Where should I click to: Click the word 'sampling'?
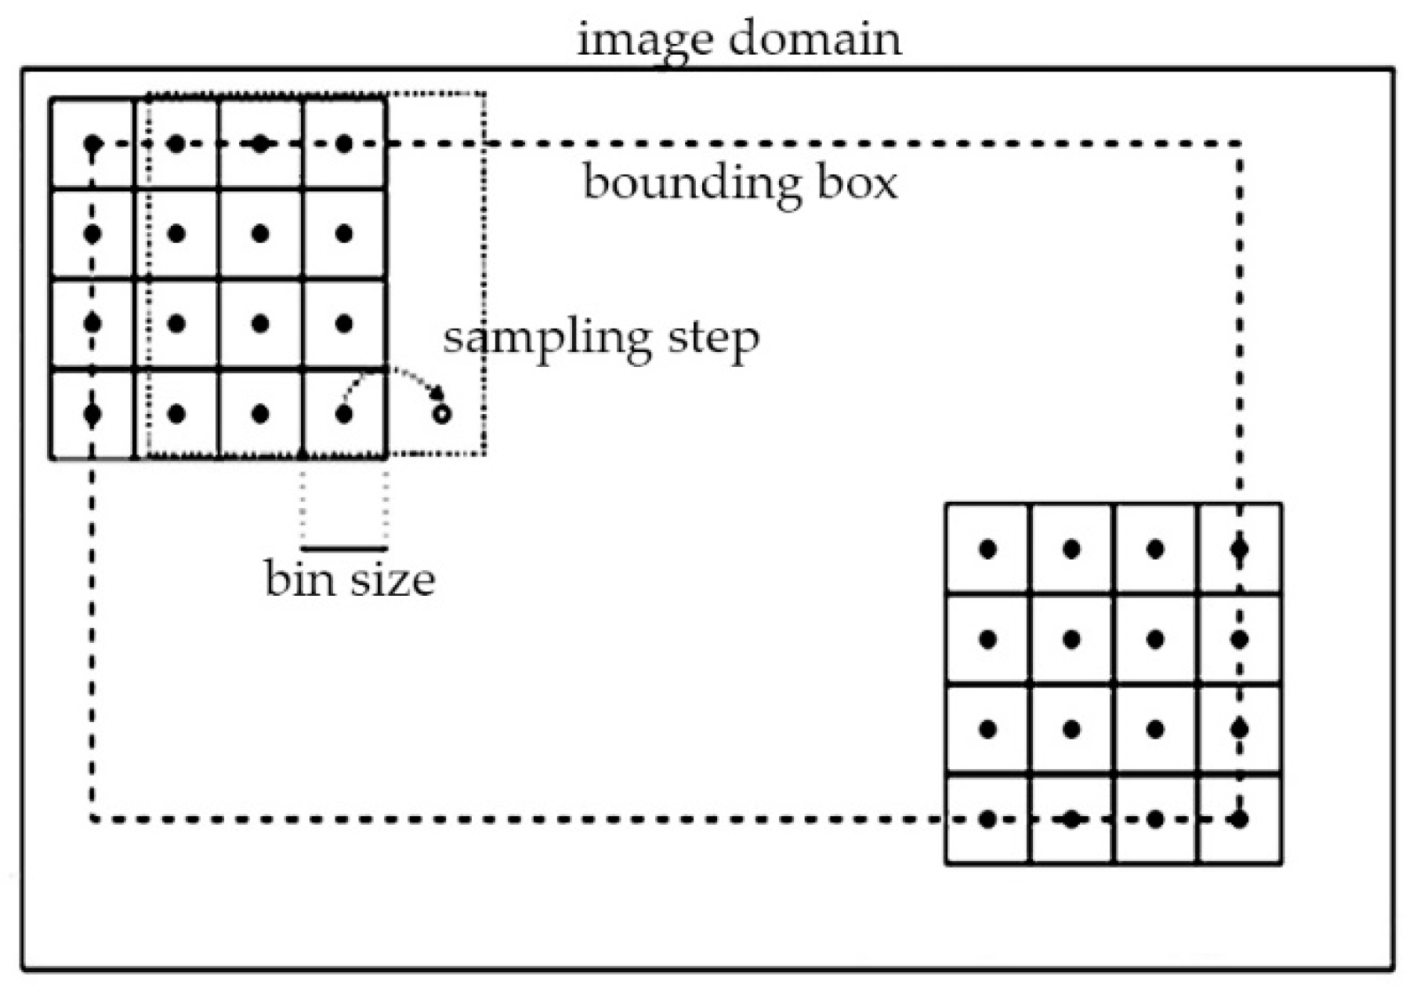[547, 339]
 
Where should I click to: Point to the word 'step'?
[713, 339]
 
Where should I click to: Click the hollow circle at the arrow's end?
[442, 414]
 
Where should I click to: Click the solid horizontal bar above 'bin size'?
[344, 548]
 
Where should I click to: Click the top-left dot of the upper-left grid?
[92, 143]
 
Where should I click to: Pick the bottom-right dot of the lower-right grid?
[1239, 819]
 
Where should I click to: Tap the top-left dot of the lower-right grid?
[988, 549]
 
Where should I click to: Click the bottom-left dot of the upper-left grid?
[92, 414]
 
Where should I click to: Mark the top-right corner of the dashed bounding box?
[1239, 143]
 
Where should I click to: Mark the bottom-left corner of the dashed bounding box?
[92, 819]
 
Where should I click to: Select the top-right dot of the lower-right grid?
[1239, 549]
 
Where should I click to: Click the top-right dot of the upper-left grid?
[344, 143]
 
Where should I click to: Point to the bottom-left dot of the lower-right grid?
[988, 819]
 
